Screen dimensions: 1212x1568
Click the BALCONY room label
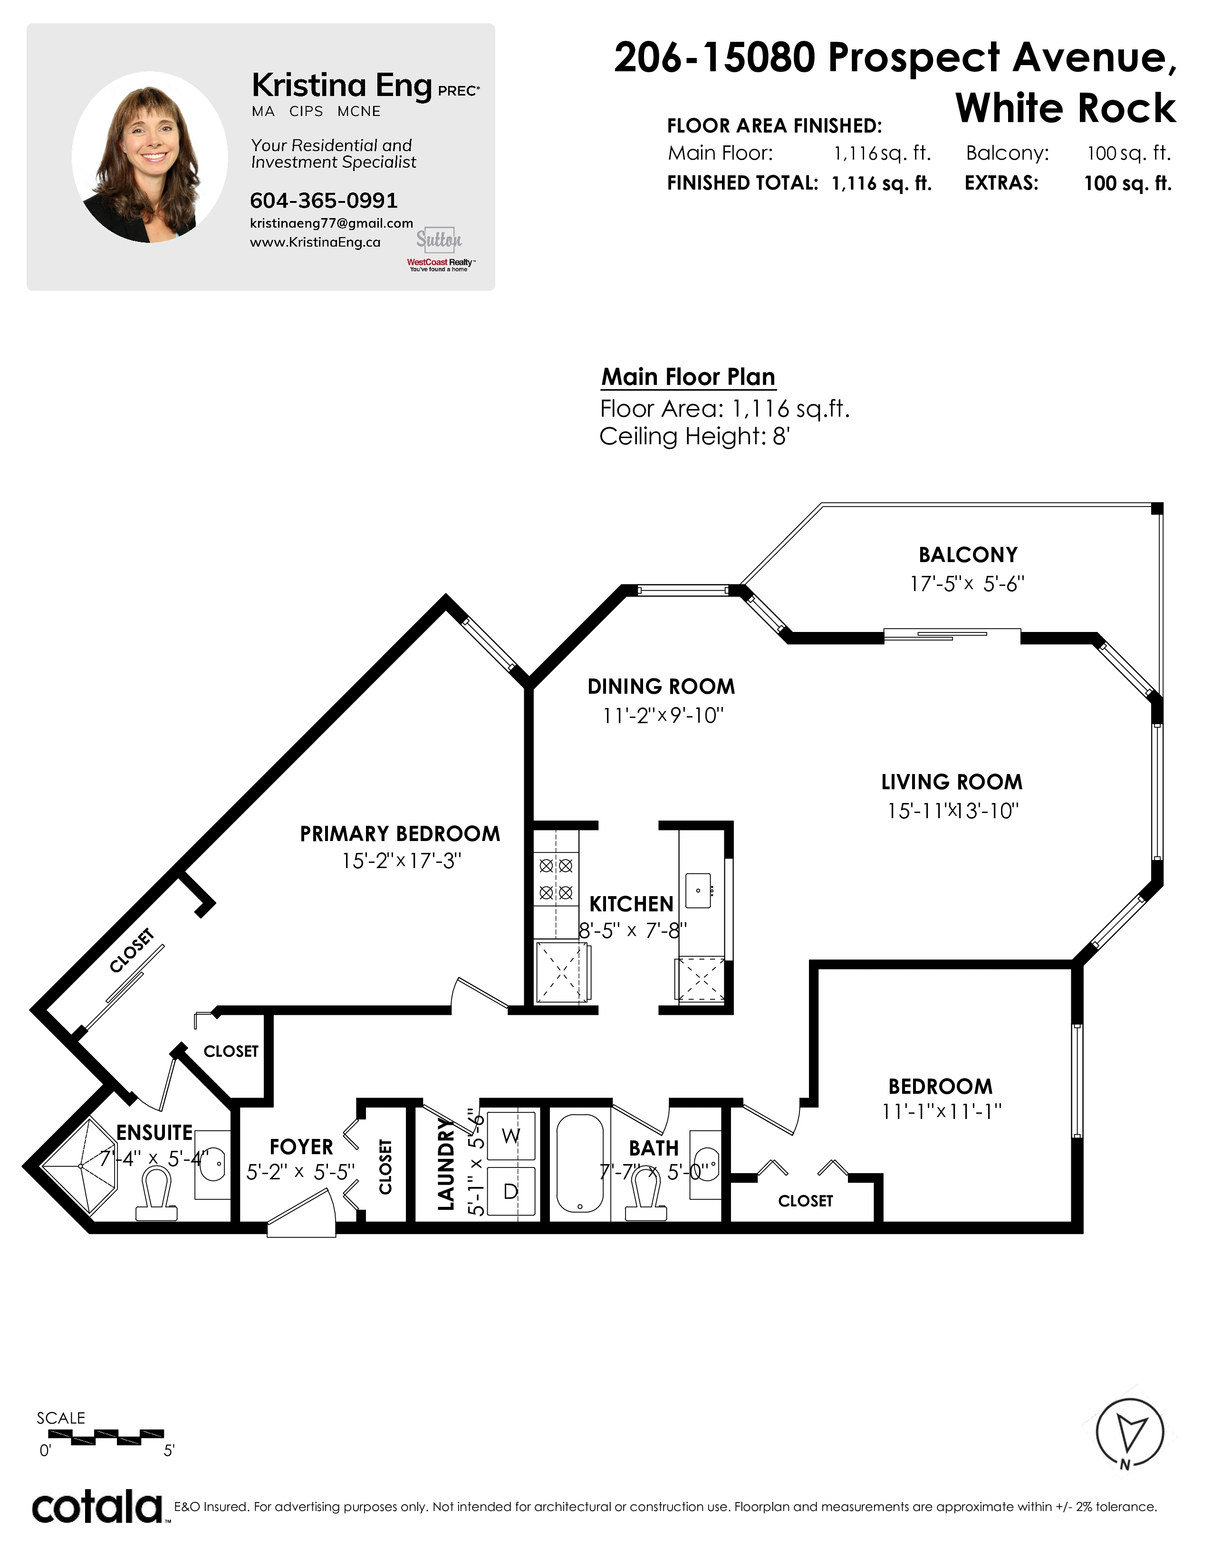click(968, 555)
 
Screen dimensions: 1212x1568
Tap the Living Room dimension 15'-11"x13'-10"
click(953, 811)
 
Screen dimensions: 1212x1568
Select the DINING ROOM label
click(661, 687)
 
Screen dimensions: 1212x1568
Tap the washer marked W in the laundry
click(511, 1136)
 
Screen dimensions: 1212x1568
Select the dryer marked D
click(511, 1191)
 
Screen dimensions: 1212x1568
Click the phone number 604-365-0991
click(324, 201)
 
